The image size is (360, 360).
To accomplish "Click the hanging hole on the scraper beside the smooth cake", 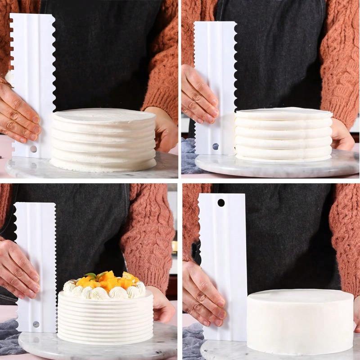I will (x=221, y=202).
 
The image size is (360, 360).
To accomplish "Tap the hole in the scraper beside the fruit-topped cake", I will (x=36, y=324).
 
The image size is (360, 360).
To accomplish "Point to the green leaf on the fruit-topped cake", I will (x=92, y=276).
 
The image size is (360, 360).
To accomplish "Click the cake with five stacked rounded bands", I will (x=283, y=135).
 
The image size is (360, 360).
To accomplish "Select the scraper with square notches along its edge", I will (x=31, y=85).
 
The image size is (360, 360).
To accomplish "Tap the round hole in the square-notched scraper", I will (x=34, y=148).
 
